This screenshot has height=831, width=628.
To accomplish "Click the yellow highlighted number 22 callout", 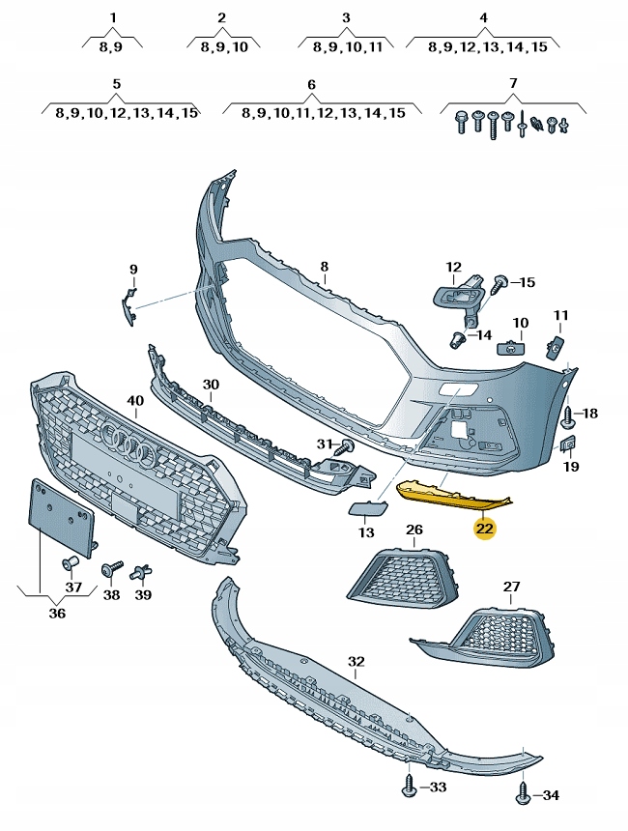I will click(x=484, y=529).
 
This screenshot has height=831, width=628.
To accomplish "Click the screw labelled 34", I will click(x=523, y=793).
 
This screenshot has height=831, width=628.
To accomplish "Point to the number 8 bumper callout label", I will click(x=325, y=266).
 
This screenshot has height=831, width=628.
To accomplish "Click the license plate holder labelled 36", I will click(x=60, y=519).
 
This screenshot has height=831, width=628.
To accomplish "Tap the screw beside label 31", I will click(x=343, y=447).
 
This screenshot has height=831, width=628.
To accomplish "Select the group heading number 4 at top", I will click(x=484, y=17).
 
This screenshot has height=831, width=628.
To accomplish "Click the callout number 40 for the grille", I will click(x=135, y=400).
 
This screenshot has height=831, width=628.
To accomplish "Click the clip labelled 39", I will click(x=143, y=571).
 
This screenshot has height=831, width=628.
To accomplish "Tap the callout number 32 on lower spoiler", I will click(x=357, y=662).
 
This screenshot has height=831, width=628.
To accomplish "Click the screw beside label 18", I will click(x=568, y=415).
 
